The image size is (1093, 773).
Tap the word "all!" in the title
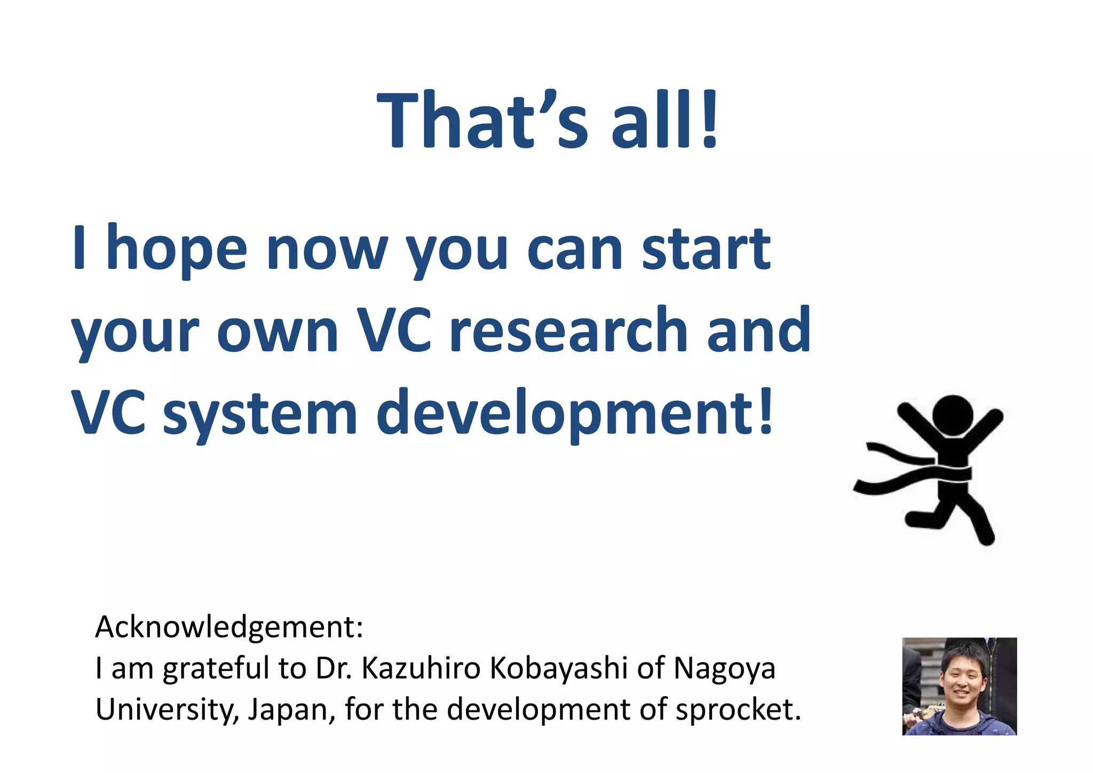point(664,120)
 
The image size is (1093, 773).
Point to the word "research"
point(568,331)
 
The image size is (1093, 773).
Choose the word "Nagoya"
point(724,668)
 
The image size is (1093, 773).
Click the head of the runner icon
point(953,415)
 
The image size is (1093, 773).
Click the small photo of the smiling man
point(959,686)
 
